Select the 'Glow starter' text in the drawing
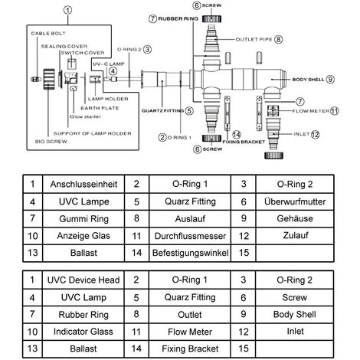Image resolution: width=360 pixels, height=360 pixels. click(86, 117)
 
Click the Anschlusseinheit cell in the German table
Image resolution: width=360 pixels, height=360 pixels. click(73, 184)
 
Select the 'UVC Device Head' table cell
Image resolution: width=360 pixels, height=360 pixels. click(73, 280)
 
